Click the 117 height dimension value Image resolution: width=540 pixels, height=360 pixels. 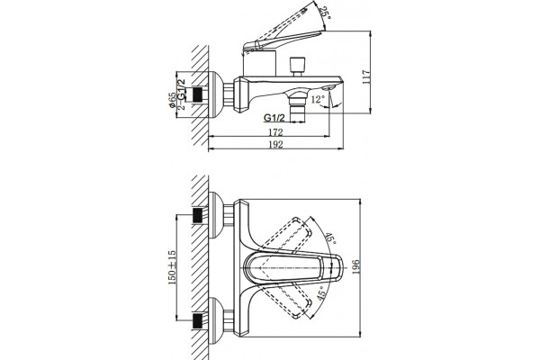[x=366, y=77]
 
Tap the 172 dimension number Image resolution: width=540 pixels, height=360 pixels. [x=275, y=132]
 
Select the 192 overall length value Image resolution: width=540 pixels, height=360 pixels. [x=275, y=144]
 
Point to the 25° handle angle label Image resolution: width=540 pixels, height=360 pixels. [x=324, y=13]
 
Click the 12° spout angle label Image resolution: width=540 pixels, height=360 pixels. [x=318, y=100]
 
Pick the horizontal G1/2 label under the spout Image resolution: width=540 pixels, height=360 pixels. [x=274, y=118]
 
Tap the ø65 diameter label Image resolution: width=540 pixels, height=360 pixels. [x=172, y=100]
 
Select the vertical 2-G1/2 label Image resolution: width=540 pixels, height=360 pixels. [x=181, y=94]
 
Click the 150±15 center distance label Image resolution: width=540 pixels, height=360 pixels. [x=172, y=267]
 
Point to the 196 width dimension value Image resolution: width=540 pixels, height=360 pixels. [x=355, y=267]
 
